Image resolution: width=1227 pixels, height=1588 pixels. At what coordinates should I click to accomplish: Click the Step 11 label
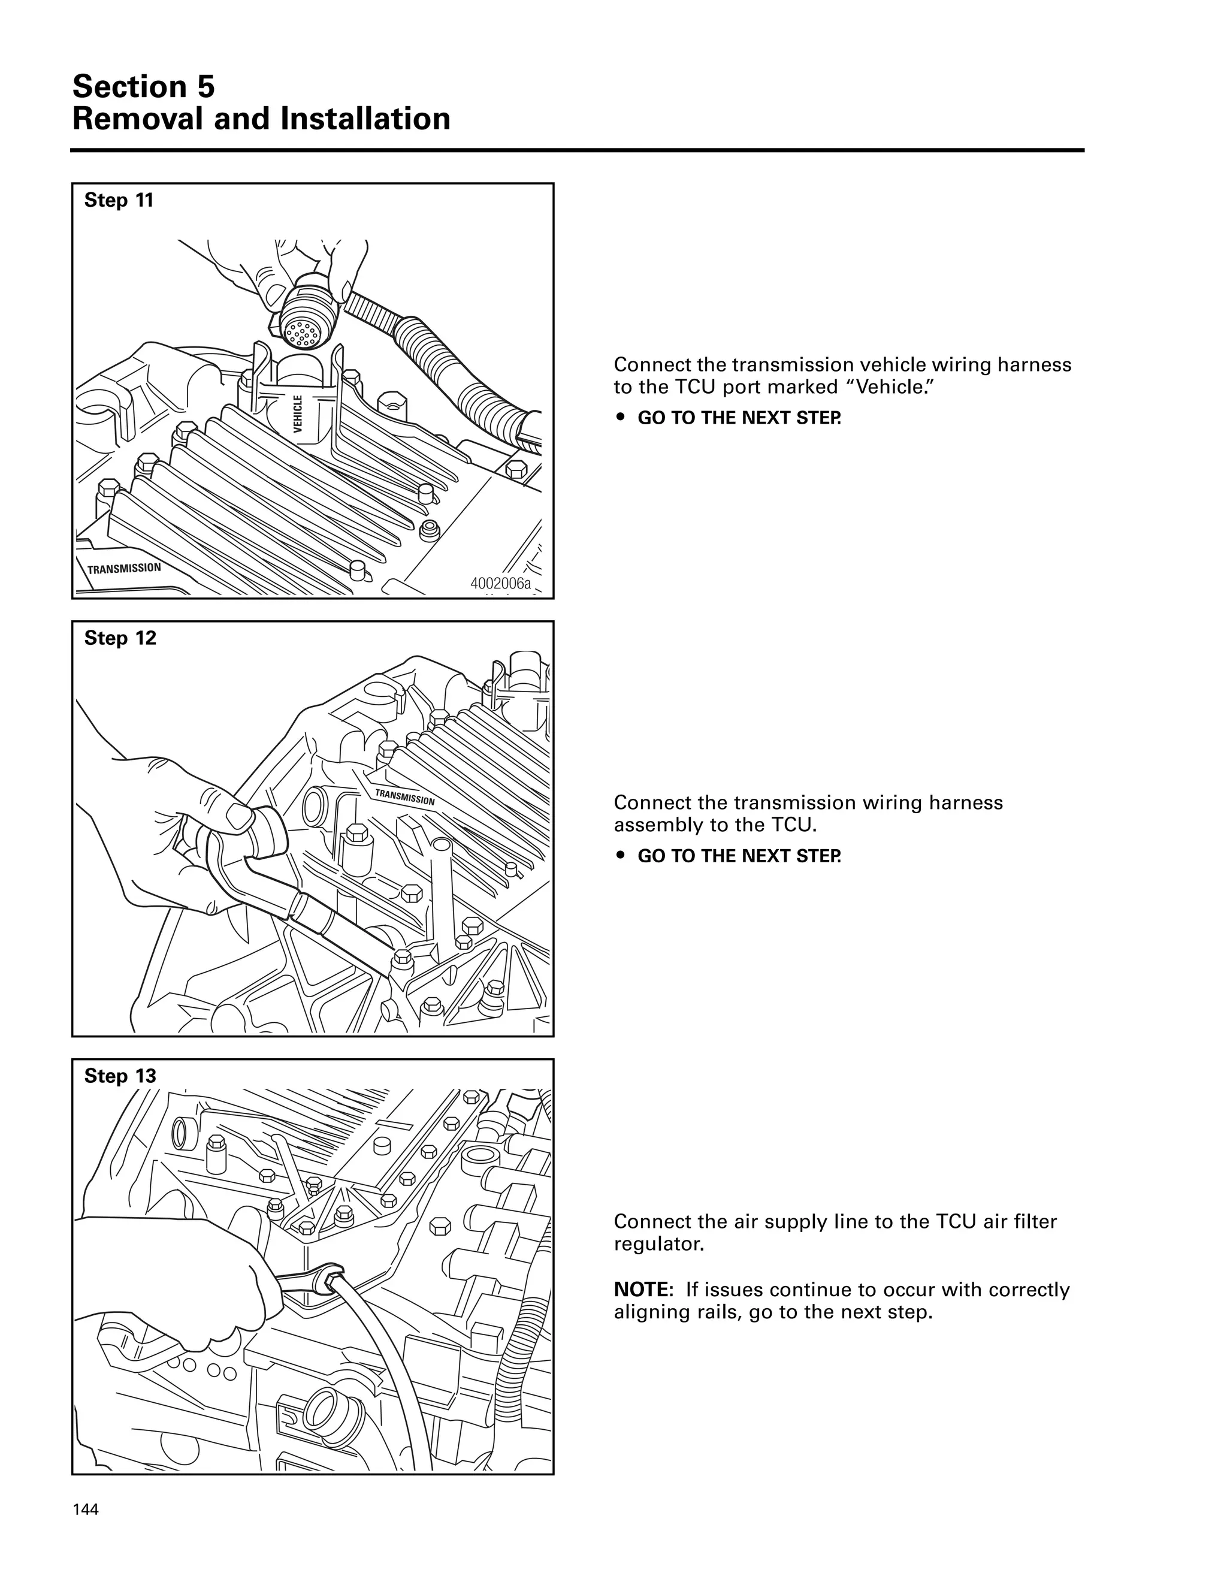tap(119, 201)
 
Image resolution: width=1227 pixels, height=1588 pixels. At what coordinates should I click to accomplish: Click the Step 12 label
tap(120, 638)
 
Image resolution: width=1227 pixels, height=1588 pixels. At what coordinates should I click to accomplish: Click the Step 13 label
tap(120, 1076)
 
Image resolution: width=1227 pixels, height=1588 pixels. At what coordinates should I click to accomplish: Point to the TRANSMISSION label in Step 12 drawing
tap(405, 796)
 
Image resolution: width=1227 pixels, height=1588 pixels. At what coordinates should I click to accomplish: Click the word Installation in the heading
tap(365, 119)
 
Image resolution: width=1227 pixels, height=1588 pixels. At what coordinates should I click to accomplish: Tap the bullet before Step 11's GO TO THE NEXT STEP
tap(619, 418)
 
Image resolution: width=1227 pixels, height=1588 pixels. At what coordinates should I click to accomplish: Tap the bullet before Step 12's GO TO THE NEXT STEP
tap(619, 856)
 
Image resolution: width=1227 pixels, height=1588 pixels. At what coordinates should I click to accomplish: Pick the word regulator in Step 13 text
tap(658, 1244)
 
